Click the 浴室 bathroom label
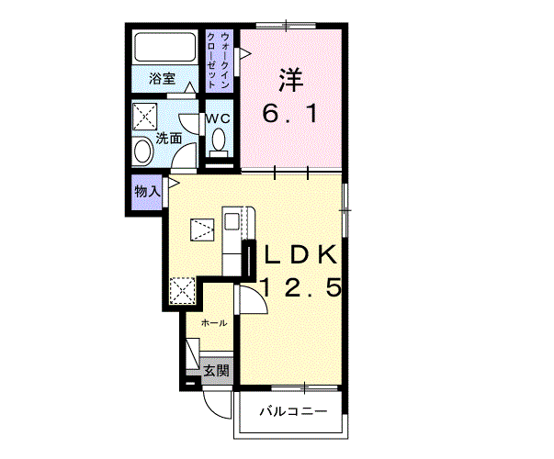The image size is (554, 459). (x=163, y=78)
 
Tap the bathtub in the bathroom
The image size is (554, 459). (x=165, y=48)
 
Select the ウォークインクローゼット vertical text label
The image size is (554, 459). (x=220, y=61)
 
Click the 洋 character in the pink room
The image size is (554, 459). (x=291, y=79)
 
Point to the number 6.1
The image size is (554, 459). (x=290, y=114)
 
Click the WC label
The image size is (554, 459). (x=218, y=118)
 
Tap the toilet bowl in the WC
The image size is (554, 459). (x=219, y=140)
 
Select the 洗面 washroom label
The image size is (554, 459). (x=169, y=139)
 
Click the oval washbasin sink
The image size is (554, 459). (x=142, y=151)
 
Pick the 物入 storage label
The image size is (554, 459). (x=147, y=192)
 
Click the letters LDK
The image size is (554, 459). (x=300, y=254)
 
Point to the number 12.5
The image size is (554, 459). (x=301, y=286)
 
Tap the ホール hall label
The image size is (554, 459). (x=214, y=323)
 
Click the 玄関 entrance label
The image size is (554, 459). (x=217, y=370)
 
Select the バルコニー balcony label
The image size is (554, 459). (x=293, y=411)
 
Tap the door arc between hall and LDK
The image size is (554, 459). (x=259, y=297)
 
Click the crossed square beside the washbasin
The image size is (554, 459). (x=145, y=117)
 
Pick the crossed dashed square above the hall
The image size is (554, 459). (x=182, y=291)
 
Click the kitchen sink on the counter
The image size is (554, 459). (x=232, y=222)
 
